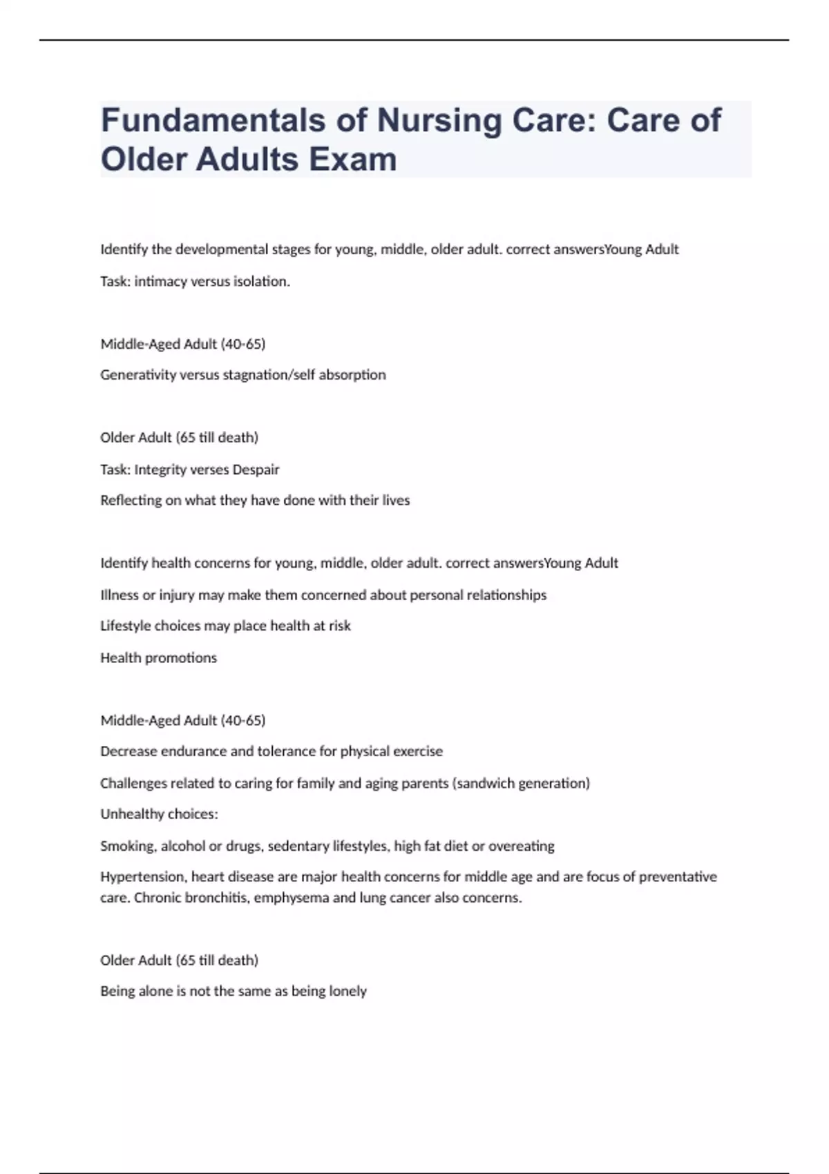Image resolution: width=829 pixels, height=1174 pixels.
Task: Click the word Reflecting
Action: point(131,500)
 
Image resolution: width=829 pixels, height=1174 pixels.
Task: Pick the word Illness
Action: point(119,595)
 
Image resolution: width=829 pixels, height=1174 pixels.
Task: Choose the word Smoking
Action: point(128,846)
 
